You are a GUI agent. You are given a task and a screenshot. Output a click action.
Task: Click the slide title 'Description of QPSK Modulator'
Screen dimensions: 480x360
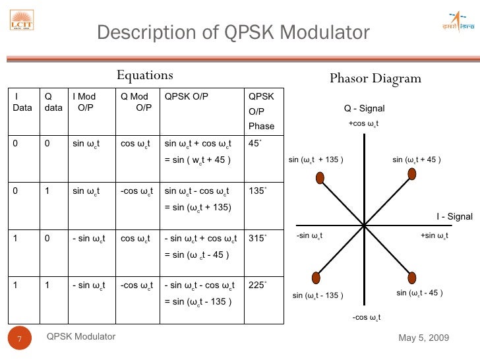[233, 32]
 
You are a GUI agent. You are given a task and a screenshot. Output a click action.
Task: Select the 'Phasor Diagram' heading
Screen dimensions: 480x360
[375, 78]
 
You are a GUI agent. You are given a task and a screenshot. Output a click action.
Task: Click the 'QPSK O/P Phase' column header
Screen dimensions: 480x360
[261, 111]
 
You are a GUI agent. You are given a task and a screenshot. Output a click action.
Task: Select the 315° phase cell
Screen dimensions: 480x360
[257, 238]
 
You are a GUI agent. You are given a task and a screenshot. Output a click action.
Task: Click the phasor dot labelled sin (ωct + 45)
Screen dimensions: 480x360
[411, 173]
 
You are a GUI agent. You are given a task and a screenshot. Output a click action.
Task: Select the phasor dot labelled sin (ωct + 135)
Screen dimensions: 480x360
[319, 178]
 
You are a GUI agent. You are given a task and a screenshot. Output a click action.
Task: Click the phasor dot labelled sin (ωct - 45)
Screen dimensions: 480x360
[412, 277]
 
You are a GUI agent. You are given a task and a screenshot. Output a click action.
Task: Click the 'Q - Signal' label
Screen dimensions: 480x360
[364, 109]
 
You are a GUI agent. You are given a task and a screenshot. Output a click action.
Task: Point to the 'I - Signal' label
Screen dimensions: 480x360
[454, 216]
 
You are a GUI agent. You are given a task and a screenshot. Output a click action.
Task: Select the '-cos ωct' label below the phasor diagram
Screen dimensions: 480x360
[367, 317]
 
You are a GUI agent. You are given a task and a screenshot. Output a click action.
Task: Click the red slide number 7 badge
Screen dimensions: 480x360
[20, 340]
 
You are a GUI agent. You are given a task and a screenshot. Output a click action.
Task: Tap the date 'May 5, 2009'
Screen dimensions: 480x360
[424, 338]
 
